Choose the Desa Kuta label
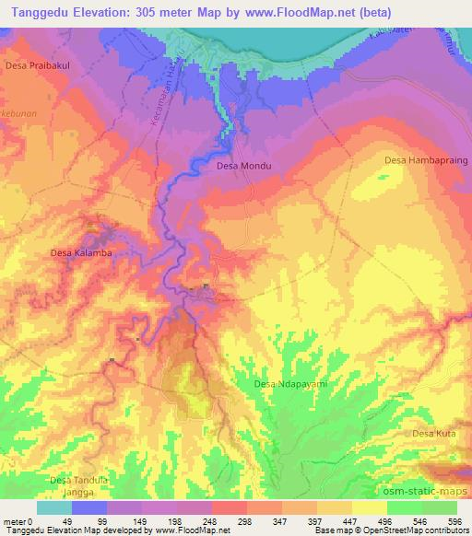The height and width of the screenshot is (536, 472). tap(434, 433)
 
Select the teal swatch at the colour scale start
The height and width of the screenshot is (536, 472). tap(54, 507)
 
